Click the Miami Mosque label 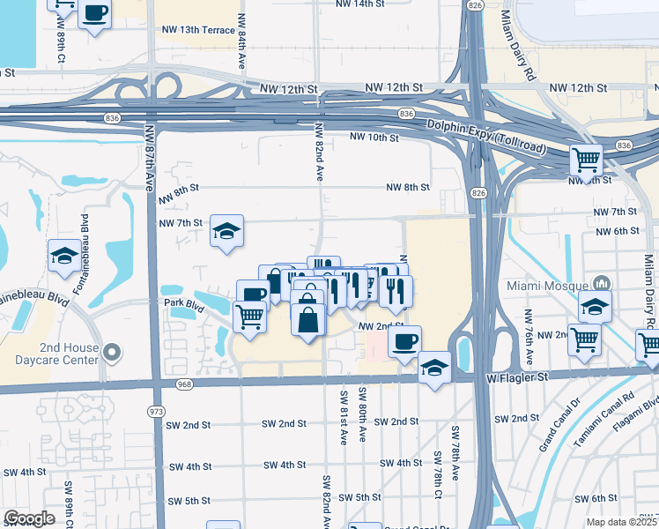click(x=548, y=285)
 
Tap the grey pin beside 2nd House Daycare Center click(x=110, y=354)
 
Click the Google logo click(x=29, y=518)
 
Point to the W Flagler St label click(x=517, y=376)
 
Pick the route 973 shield click(x=156, y=412)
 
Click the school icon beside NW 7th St click(x=226, y=232)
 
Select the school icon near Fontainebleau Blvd click(x=63, y=256)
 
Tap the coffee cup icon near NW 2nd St click(x=404, y=340)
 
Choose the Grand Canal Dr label click(x=559, y=427)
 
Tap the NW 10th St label click(x=374, y=137)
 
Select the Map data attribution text click(x=622, y=522)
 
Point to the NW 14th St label click(x=362, y=4)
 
